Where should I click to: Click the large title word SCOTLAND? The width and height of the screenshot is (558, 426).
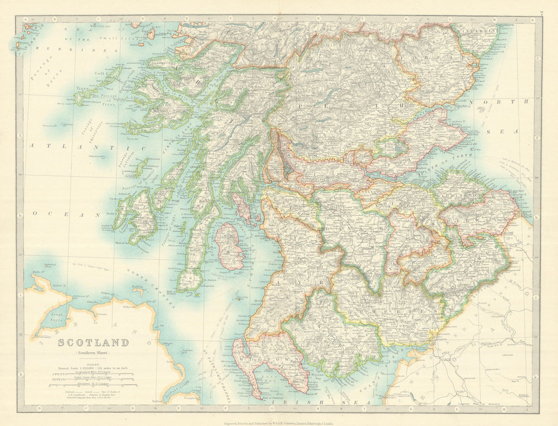[94, 342]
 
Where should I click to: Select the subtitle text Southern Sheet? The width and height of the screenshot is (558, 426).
[94, 353]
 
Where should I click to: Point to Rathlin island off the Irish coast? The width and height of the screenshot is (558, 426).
[137, 290]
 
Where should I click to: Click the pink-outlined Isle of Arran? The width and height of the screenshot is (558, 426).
[229, 246]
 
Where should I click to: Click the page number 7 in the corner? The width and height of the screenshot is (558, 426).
[541, 13]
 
